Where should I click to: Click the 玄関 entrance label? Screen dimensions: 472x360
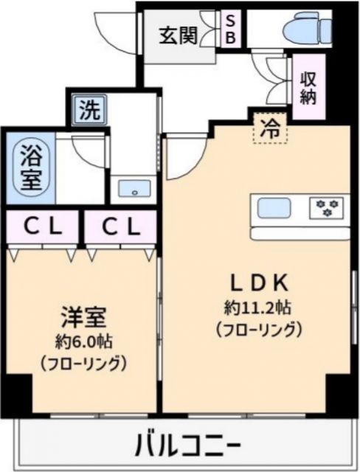[179, 34]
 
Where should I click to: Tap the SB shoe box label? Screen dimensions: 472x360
[229, 30]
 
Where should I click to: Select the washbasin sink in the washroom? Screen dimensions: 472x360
[134, 187]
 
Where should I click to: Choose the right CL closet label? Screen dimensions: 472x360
[120, 227]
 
